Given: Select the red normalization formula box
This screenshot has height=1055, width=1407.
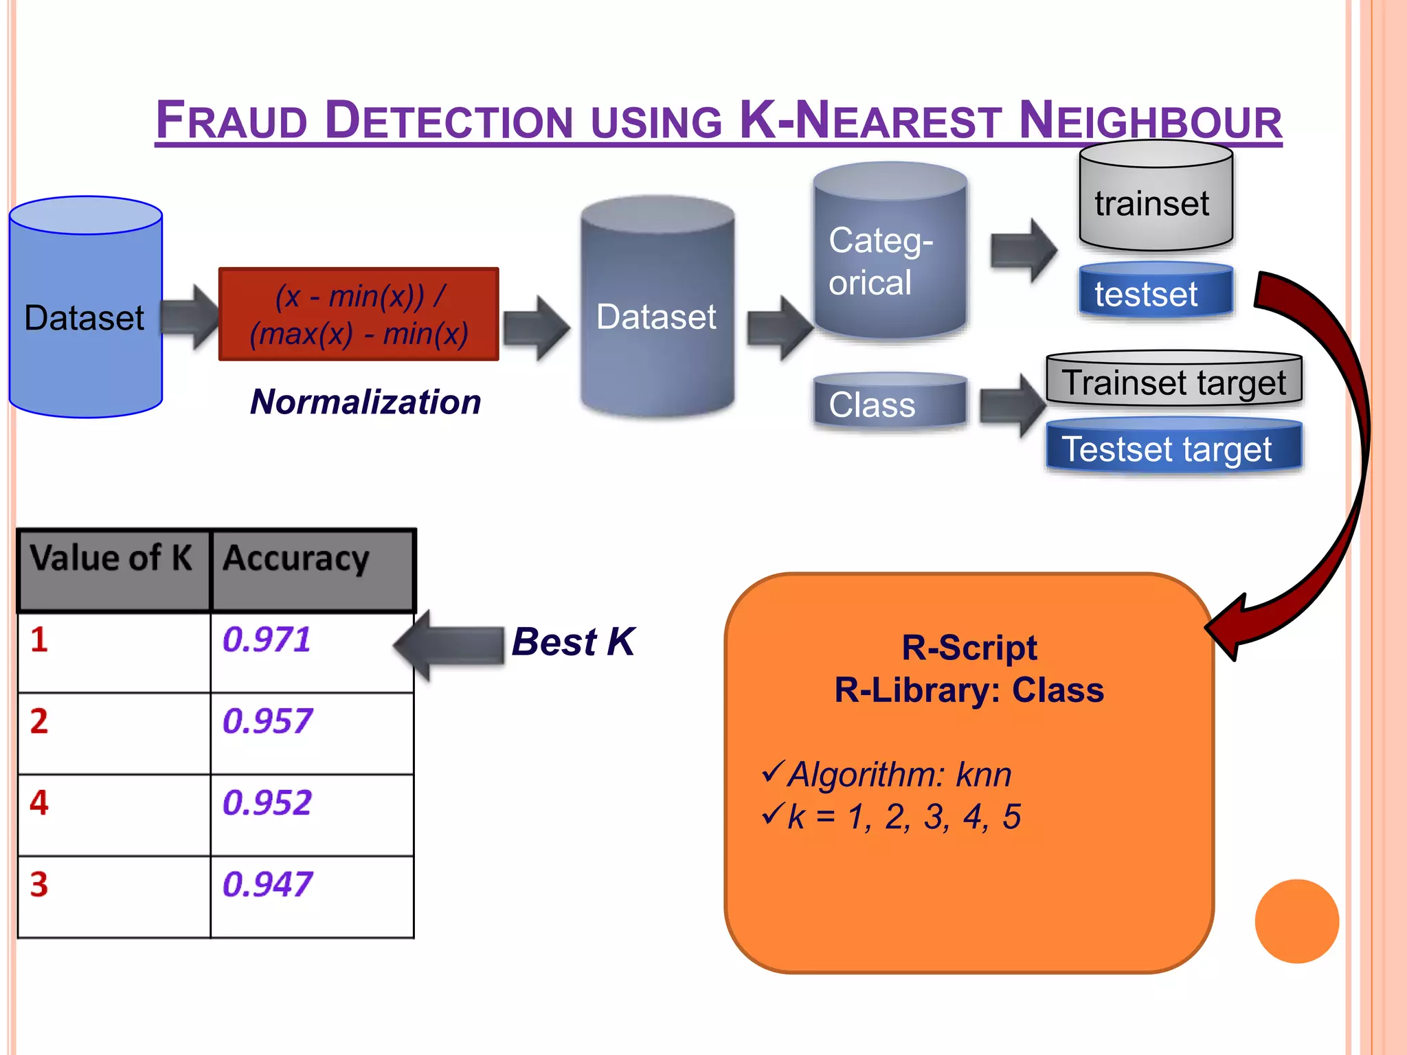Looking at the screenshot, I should click(x=359, y=315).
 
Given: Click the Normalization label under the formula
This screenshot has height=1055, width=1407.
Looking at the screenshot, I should click(x=365, y=402).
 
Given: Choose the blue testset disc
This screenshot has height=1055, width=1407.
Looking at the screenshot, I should click(x=1156, y=291).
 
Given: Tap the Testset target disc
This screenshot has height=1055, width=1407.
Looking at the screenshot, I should click(x=1173, y=448).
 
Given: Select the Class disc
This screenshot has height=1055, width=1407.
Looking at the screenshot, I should click(x=890, y=403).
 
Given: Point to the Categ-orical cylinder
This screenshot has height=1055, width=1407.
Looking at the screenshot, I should click(x=890, y=254).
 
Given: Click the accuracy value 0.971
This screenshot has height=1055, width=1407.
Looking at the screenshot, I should click(x=267, y=640).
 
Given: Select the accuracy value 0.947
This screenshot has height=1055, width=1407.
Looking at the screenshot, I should click(x=267, y=885).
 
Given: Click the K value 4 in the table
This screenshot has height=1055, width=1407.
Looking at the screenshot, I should click(x=39, y=803).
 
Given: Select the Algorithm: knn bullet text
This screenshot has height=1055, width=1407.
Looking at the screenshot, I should click(x=899, y=775).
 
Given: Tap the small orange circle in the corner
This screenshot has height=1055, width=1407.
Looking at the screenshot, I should click(x=1296, y=921).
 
